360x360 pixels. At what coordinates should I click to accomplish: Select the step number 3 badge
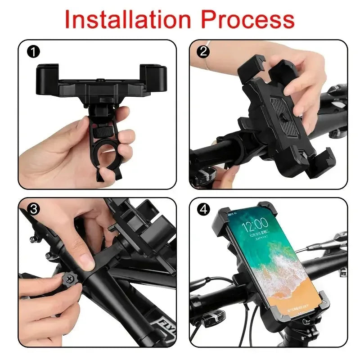33,209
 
